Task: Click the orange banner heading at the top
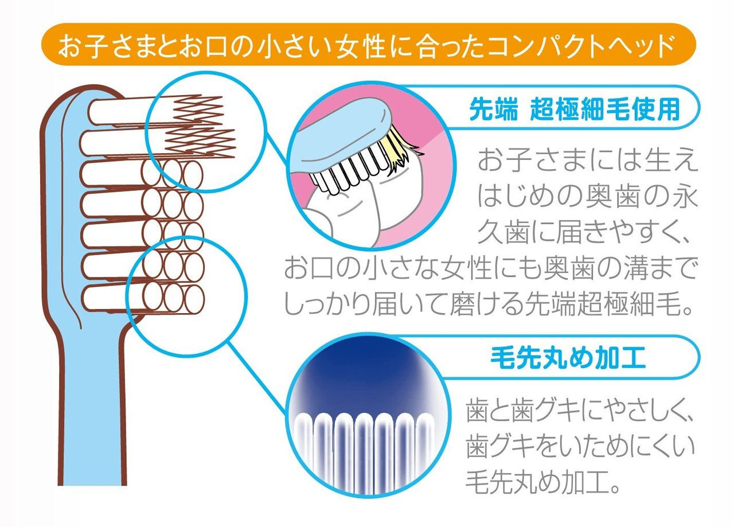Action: pos(368,44)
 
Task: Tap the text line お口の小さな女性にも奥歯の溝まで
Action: pos(490,268)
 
